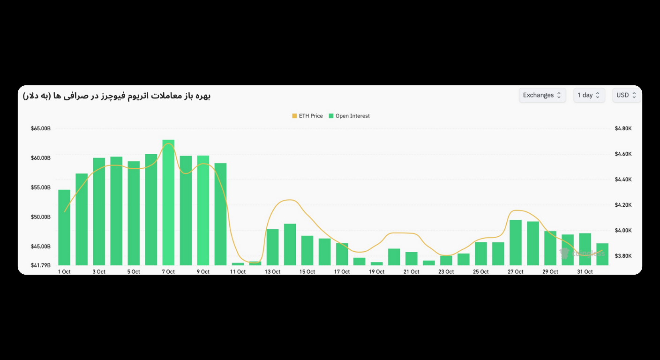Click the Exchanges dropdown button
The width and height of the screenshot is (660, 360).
(542, 95)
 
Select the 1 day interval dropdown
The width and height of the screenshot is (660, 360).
(589, 95)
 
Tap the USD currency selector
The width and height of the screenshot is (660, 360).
(626, 95)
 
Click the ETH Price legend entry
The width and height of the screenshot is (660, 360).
(307, 116)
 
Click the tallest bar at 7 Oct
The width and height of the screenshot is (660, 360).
(168, 202)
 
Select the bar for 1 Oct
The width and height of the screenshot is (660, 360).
(64, 227)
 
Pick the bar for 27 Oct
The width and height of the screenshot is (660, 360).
(516, 242)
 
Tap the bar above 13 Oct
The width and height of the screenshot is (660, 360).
(272, 247)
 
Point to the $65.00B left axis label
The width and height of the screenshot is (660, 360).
(41, 128)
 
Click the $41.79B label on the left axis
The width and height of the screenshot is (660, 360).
(41, 265)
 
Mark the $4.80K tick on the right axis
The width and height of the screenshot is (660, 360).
(623, 128)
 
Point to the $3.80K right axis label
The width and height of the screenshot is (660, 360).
(623, 256)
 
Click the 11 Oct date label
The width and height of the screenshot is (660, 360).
(238, 272)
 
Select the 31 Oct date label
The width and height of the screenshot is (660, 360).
(585, 272)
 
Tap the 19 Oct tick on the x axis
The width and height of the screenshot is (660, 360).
(376, 272)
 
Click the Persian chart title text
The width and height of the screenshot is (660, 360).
(117, 96)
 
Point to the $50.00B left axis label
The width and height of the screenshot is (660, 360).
(41, 217)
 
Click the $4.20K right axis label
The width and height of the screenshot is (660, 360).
(623, 205)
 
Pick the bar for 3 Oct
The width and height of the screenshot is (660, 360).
(99, 211)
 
